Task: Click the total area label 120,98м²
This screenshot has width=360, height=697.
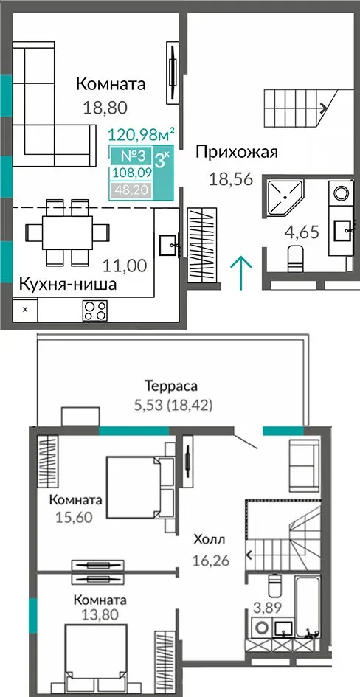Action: click(141, 133)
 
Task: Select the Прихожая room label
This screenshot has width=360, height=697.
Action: click(237, 153)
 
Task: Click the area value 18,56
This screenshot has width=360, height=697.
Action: click(231, 179)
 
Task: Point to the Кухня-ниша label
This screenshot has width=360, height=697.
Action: click(68, 284)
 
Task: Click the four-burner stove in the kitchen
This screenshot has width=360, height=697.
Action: click(94, 311)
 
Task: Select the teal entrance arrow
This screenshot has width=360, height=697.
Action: click(241, 273)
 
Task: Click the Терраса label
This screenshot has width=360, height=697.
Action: click(171, 386)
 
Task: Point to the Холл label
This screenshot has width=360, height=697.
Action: click(210, 540)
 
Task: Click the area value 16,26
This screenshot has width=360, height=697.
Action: click(211, 561)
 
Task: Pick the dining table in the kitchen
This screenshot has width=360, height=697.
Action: click(67, 232)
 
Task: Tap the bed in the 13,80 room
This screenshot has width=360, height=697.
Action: click(96, 656)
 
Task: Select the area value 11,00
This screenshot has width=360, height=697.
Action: click(125, 266)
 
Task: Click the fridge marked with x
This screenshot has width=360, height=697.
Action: click(25, 309)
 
